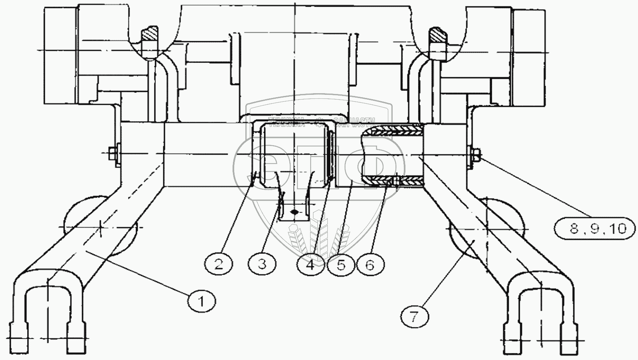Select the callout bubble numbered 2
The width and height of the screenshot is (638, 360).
pos(218,264)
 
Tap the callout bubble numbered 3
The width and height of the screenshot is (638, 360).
pos(262,264)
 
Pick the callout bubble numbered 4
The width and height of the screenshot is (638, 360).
pos(311,264)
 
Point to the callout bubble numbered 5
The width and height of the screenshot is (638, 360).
pos(341,264)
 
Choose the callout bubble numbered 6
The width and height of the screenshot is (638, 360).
pos(370,264)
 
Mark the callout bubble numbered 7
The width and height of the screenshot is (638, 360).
pos(414,317)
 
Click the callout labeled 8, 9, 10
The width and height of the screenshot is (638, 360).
pos(595,228)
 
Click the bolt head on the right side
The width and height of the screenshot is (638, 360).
pos(475,154)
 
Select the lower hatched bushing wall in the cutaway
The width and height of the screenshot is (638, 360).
pos(396,181)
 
